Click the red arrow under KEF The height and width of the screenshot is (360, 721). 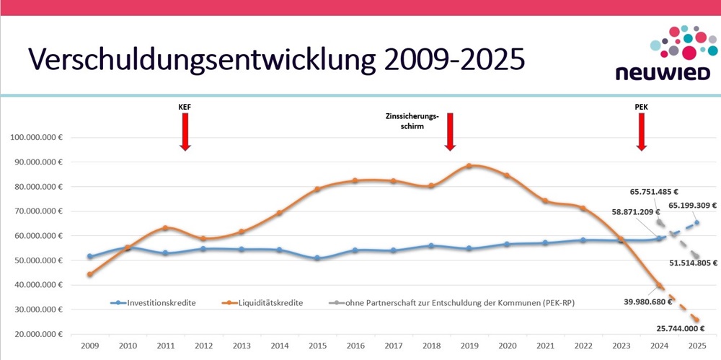point(185,131)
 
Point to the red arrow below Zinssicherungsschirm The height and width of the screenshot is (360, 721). point(450,131)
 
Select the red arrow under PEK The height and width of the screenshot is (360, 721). point(640,131)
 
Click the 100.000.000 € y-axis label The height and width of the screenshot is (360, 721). point(34,137)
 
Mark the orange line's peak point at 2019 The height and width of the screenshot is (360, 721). point(469,166)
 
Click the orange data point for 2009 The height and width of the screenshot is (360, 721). point(89,274)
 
